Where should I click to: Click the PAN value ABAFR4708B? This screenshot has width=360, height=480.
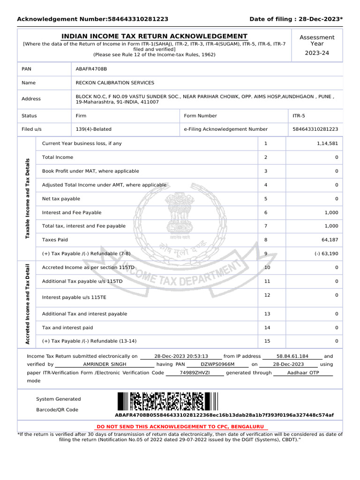pyautogui.click(x=91, y=69)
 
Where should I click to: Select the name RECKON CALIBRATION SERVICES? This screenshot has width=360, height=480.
pyautogui.click(x=115, y=83)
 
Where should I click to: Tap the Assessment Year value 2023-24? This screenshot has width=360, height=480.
pyautogui.click(x=317, y=53)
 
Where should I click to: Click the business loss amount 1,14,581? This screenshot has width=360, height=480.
pyautogui.click(x=327, y=143)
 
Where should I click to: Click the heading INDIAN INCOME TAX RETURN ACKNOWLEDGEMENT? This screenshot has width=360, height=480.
pyautogui.click(x=155, y=37)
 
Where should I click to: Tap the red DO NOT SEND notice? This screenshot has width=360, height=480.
pyautogui.click(x=180, y=427)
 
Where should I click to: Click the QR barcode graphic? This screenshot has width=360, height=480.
pyautogui.click(x=168, y=402)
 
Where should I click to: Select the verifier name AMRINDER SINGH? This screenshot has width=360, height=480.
pyautogui.click(x=105, y=364)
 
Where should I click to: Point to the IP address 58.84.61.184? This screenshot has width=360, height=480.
pyautogui.click(x=292, y=356)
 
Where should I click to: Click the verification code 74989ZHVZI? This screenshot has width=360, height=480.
pyautogui.click(x=195, y=373)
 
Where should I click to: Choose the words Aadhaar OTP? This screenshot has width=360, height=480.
pyautogui.click(x=303, y=373)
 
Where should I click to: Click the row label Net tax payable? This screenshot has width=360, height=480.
pyautogui.click(x=61, y=199)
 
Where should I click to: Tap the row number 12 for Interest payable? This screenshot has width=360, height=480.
pyautogui.click(x=267, y=295)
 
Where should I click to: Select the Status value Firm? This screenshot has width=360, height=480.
pyautogui.click(x=81, y=116)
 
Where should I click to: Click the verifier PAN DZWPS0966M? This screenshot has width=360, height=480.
pyautogui.click(x=217, y=364)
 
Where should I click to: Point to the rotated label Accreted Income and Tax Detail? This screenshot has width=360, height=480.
pyautogui.click(x=27, y=305)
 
